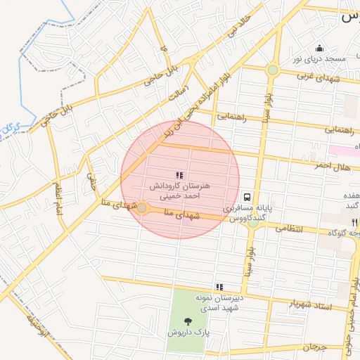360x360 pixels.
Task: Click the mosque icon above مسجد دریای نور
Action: [x=320, y=49]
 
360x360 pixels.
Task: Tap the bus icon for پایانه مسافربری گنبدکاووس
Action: [x=247, y=198]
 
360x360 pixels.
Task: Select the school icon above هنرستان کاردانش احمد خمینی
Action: [x=179, y=174]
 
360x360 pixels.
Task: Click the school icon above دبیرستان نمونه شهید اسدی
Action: [x=220, y=287]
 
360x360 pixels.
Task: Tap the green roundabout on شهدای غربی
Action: [x=273, y=70]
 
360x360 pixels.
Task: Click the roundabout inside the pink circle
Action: [x=142, y=208]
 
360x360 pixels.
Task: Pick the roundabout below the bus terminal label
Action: [x=252, y=224]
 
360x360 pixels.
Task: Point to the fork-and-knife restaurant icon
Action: [x=355, y=221]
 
